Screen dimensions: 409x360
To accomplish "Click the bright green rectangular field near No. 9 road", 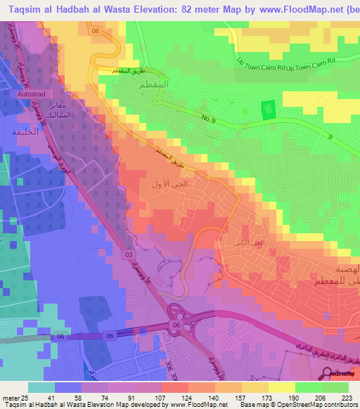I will [267, 111].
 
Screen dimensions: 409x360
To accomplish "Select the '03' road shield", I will [129, 253].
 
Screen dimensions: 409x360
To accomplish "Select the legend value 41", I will [51, 397].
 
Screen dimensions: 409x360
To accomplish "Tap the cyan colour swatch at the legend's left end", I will [41, 387].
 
